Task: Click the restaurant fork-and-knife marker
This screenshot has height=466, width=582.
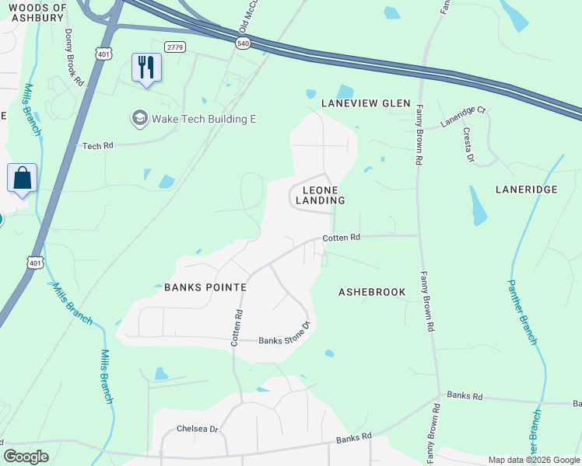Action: (146, 67)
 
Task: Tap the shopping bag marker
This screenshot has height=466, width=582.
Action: (23, 178)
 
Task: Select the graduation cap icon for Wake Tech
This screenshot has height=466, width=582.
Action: (140, 119)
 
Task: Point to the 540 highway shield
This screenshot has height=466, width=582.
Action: (243, 44)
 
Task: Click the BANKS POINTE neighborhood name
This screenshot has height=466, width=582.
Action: (205, 287)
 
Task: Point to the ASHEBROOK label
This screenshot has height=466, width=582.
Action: (372, 292)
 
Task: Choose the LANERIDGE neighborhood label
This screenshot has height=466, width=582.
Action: (527, 189)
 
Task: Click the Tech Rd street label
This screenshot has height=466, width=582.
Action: (98, 145)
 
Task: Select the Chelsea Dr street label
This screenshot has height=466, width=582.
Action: (198, 428)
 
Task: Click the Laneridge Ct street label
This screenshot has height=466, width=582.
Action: (462, 116)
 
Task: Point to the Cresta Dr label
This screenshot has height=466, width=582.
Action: (468, 144)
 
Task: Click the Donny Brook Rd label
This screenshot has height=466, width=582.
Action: (75, 57)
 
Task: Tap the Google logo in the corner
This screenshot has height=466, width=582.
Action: (26, 457)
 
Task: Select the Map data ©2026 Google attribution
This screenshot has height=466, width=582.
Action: (533, 460)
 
